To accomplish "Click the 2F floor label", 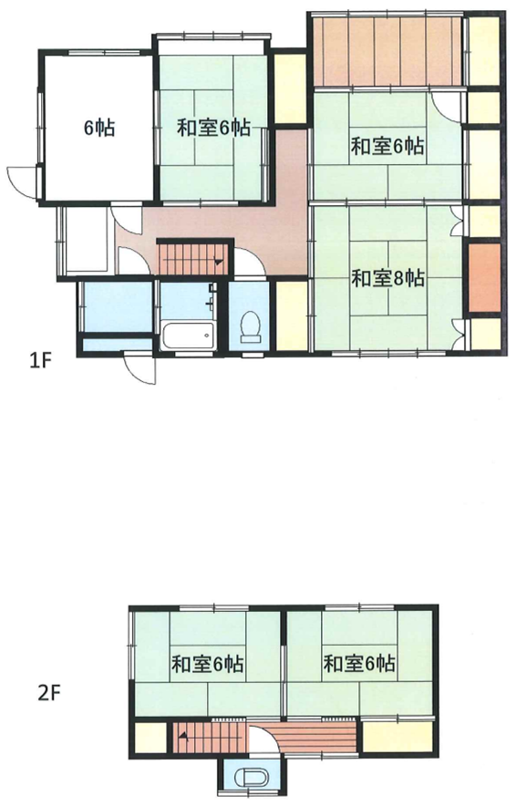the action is click(50, 694).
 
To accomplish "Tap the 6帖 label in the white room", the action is click(99, 128).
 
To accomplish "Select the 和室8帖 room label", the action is click(387, 278).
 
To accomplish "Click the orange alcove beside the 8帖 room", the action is click(484, 277).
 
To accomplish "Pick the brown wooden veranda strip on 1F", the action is click(387, 52).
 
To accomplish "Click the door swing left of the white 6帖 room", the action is click(22, 181).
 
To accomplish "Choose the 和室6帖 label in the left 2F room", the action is click(207, 664).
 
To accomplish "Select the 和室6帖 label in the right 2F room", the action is click(359, 664).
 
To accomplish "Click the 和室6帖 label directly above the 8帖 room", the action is click(387, 147).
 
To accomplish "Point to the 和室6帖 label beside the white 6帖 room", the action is click(214, 128).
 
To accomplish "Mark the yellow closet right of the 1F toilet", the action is click(292, 315).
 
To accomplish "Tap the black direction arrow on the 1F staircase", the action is click(219, 262).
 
